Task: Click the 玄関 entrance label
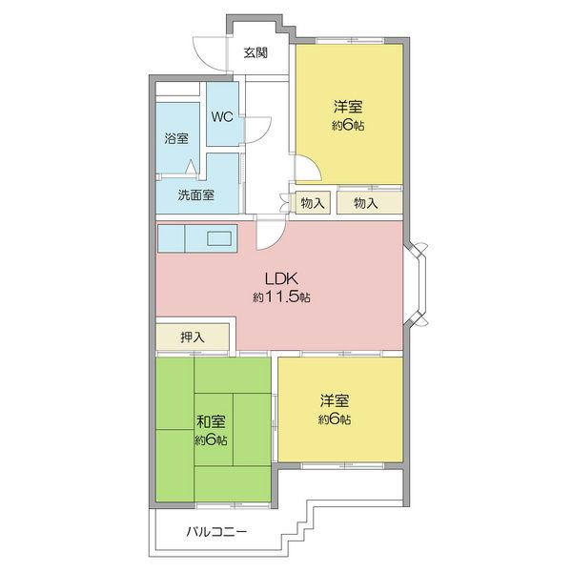pyautogui.click(x=255, y=53)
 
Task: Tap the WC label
pyautogui.click(x=221, y=117)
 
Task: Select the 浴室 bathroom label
pyautogui.click(x=175, y=138)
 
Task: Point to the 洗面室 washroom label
pyautogui.click(x=195, y=195)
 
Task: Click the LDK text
pyautogui.click(x=282, y=279)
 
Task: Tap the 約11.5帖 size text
pyautogui.click(x=282, y=297)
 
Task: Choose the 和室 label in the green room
pyautogui.click(x=211, y=421)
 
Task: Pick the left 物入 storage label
pyautogui.click(x=313, y=203)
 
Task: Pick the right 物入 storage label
pyautogui.click(x=366, y=203)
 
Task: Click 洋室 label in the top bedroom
pyautogui.click(x=348, y=107)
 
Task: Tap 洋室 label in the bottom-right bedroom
pyautogui.click(x=335, y=401)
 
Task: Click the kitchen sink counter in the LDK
pyautogui.click(x=197, y=238)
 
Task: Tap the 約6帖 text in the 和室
pyautogui.click(x=211, y=439)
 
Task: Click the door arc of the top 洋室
pyautogui.click(x=307, y=173)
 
